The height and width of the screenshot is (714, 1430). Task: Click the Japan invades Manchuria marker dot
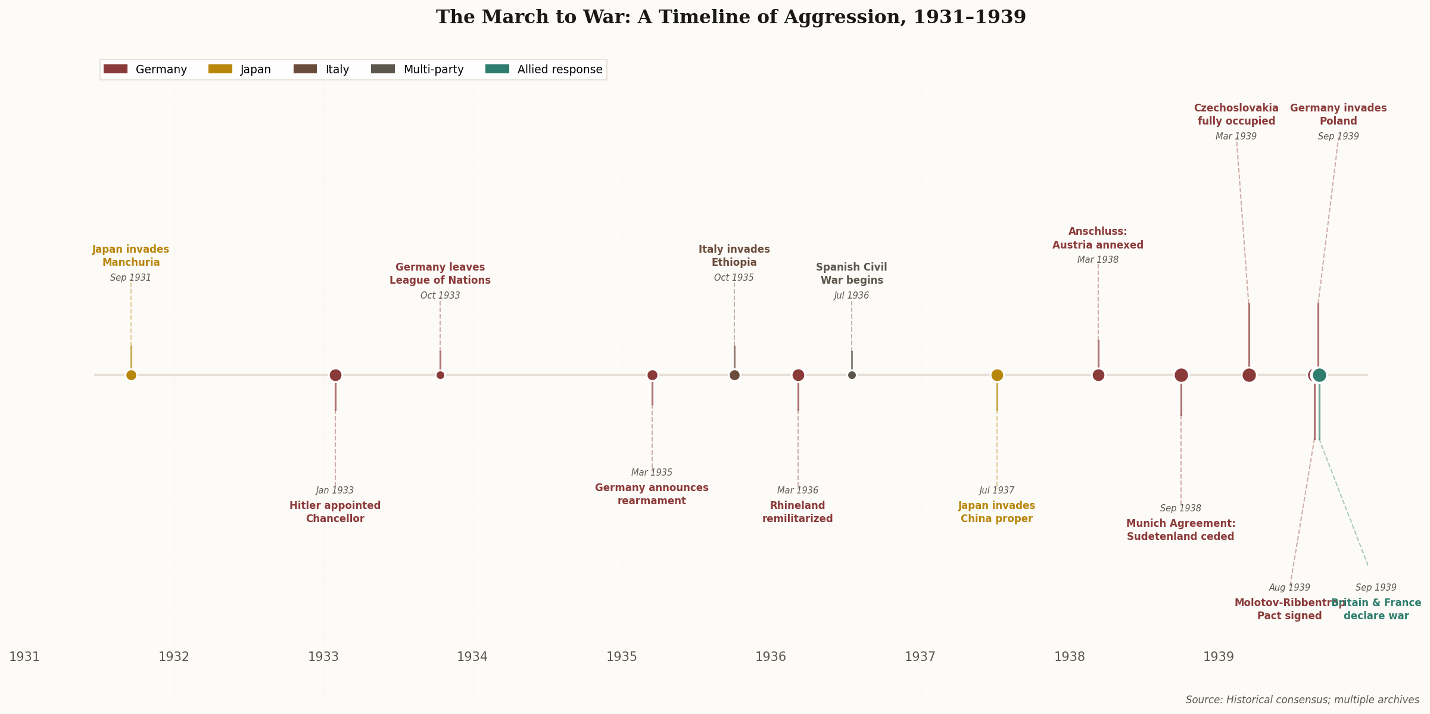tap(131, 375)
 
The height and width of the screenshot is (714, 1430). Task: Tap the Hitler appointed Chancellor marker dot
tap(335, 375)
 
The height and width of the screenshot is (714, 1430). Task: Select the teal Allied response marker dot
tap(1320, 375)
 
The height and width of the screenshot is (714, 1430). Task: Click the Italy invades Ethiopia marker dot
tap(734, 375)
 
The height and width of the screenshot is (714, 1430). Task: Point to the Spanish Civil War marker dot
tap(852, 375)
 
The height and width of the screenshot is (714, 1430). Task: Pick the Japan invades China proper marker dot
tap(997, 375)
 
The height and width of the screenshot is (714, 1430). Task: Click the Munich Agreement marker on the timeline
tap(1181, 375)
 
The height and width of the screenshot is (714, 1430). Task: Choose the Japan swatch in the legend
tap(220, 69)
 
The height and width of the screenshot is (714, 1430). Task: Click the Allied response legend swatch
tap(497, 69)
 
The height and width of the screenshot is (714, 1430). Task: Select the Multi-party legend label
tap(434, 70)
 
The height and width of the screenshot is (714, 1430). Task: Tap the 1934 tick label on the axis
tap(472, 657)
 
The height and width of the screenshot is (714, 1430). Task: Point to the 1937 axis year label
tap(920, 657)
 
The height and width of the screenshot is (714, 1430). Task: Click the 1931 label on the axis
tap(24, 657)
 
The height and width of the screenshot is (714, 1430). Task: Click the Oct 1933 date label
tap(440, 296)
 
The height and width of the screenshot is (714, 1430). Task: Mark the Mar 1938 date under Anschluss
tap(1098, 260)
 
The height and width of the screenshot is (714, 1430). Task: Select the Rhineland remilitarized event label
tap(797, 512)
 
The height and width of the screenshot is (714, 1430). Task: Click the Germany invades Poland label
tap(1338, 114)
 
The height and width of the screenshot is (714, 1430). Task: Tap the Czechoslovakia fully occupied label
tap(1236, 114)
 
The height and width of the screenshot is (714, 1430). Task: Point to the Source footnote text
tap(1302, 700)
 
